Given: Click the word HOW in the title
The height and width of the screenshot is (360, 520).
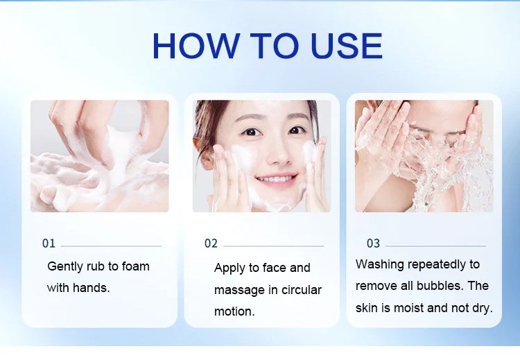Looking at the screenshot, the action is [x=196, y=46].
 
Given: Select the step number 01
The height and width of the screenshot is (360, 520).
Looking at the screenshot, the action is [x=49, y=243].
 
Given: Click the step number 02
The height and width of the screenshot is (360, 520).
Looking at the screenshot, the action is [x=211, y=243].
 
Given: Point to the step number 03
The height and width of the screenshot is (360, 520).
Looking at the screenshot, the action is [x=373, y=243].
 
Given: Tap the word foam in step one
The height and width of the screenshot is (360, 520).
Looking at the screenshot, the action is [x=136, y=266].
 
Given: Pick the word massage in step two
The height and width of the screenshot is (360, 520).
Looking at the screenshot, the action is [x=239, y=291].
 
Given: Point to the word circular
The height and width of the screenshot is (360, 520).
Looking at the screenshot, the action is [x=302, y=290].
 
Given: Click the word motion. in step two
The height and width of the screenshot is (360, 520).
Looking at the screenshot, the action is [x=234, y=311].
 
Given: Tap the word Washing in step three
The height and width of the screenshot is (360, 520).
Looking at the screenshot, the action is [x=380, y=265].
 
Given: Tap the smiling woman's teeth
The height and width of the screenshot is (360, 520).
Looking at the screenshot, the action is [x=275, y=180].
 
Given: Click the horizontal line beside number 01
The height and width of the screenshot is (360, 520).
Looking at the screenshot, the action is [x=111, y=246].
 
